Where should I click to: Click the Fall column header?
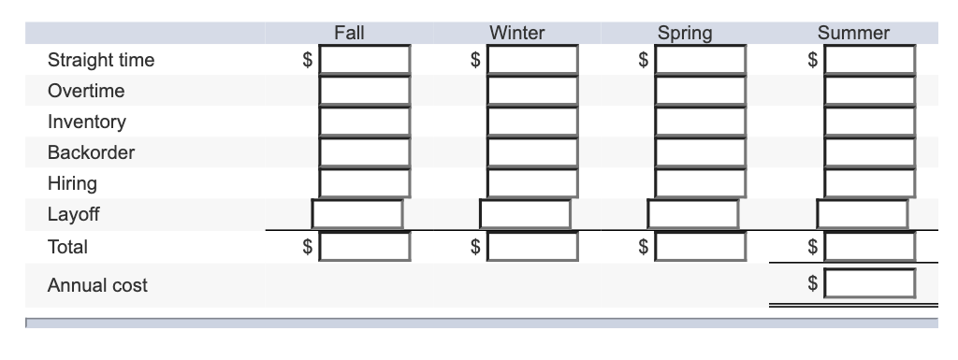pos(349,33)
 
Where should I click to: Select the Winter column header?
pos(517,33)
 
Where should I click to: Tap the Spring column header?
pos(685,33)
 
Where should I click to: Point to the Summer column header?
pos(853,33)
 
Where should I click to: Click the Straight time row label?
pos(101,61)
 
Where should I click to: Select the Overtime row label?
pos(86,92)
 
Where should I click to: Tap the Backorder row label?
pos(92,152)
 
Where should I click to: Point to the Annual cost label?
pos(97,285)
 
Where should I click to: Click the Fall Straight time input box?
pos(364,61)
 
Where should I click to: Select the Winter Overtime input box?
pos(532,92)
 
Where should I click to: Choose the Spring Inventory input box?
pos(701,122)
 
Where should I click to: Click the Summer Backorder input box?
pos(869,152)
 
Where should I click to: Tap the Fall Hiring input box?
pos(364,182)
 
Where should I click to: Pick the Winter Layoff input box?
pos(525,214)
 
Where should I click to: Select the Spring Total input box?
pos(701,247)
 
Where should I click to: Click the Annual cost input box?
pos(869,281)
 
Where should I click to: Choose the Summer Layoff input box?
pos(862,214)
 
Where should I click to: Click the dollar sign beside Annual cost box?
pos(813,281)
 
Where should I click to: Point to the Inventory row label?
pos(87,122)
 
